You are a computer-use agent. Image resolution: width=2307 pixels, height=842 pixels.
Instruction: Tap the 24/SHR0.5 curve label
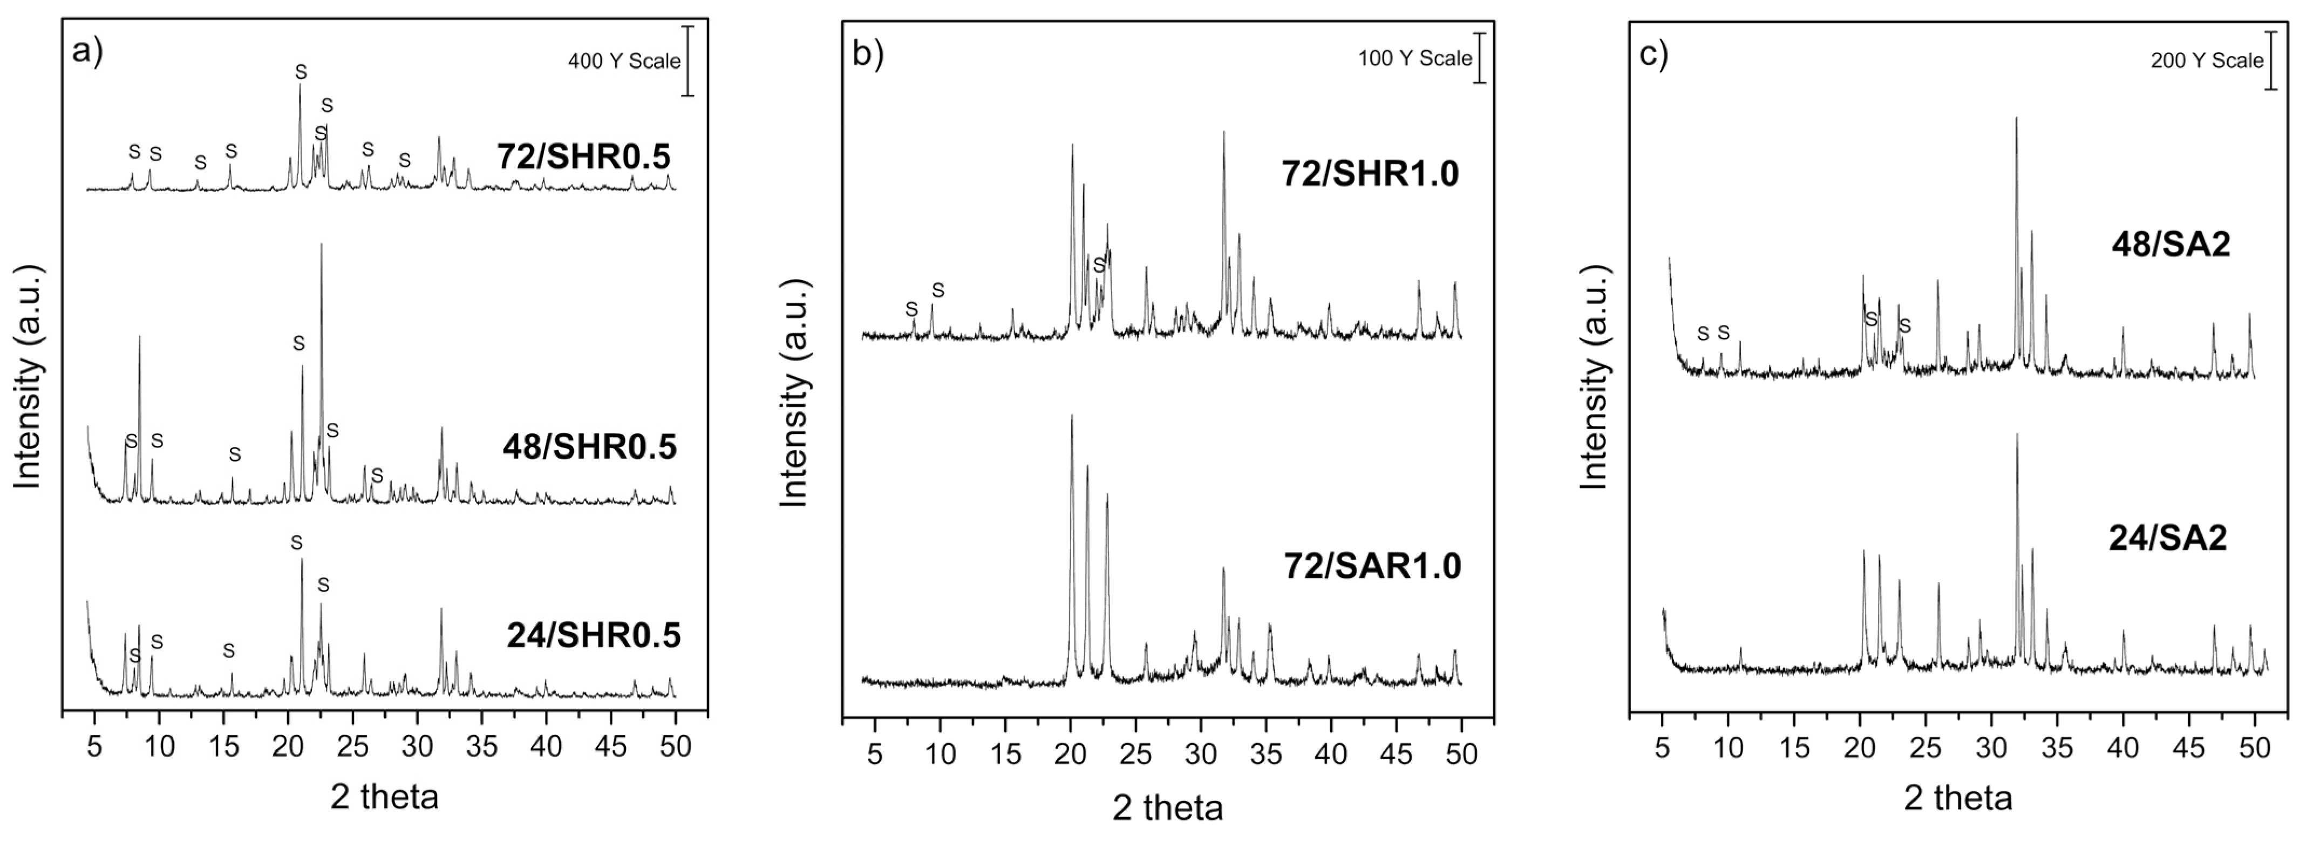(x=594, y=636)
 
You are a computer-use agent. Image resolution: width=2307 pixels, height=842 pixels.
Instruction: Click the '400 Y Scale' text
(x=624, y=62)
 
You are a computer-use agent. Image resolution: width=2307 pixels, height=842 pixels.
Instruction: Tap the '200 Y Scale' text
(x=2207, y=61)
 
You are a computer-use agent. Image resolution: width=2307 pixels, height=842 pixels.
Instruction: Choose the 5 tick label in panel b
(x=875, y=754)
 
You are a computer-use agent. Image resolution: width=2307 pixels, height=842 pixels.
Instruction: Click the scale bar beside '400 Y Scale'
(x=688, y=61)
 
